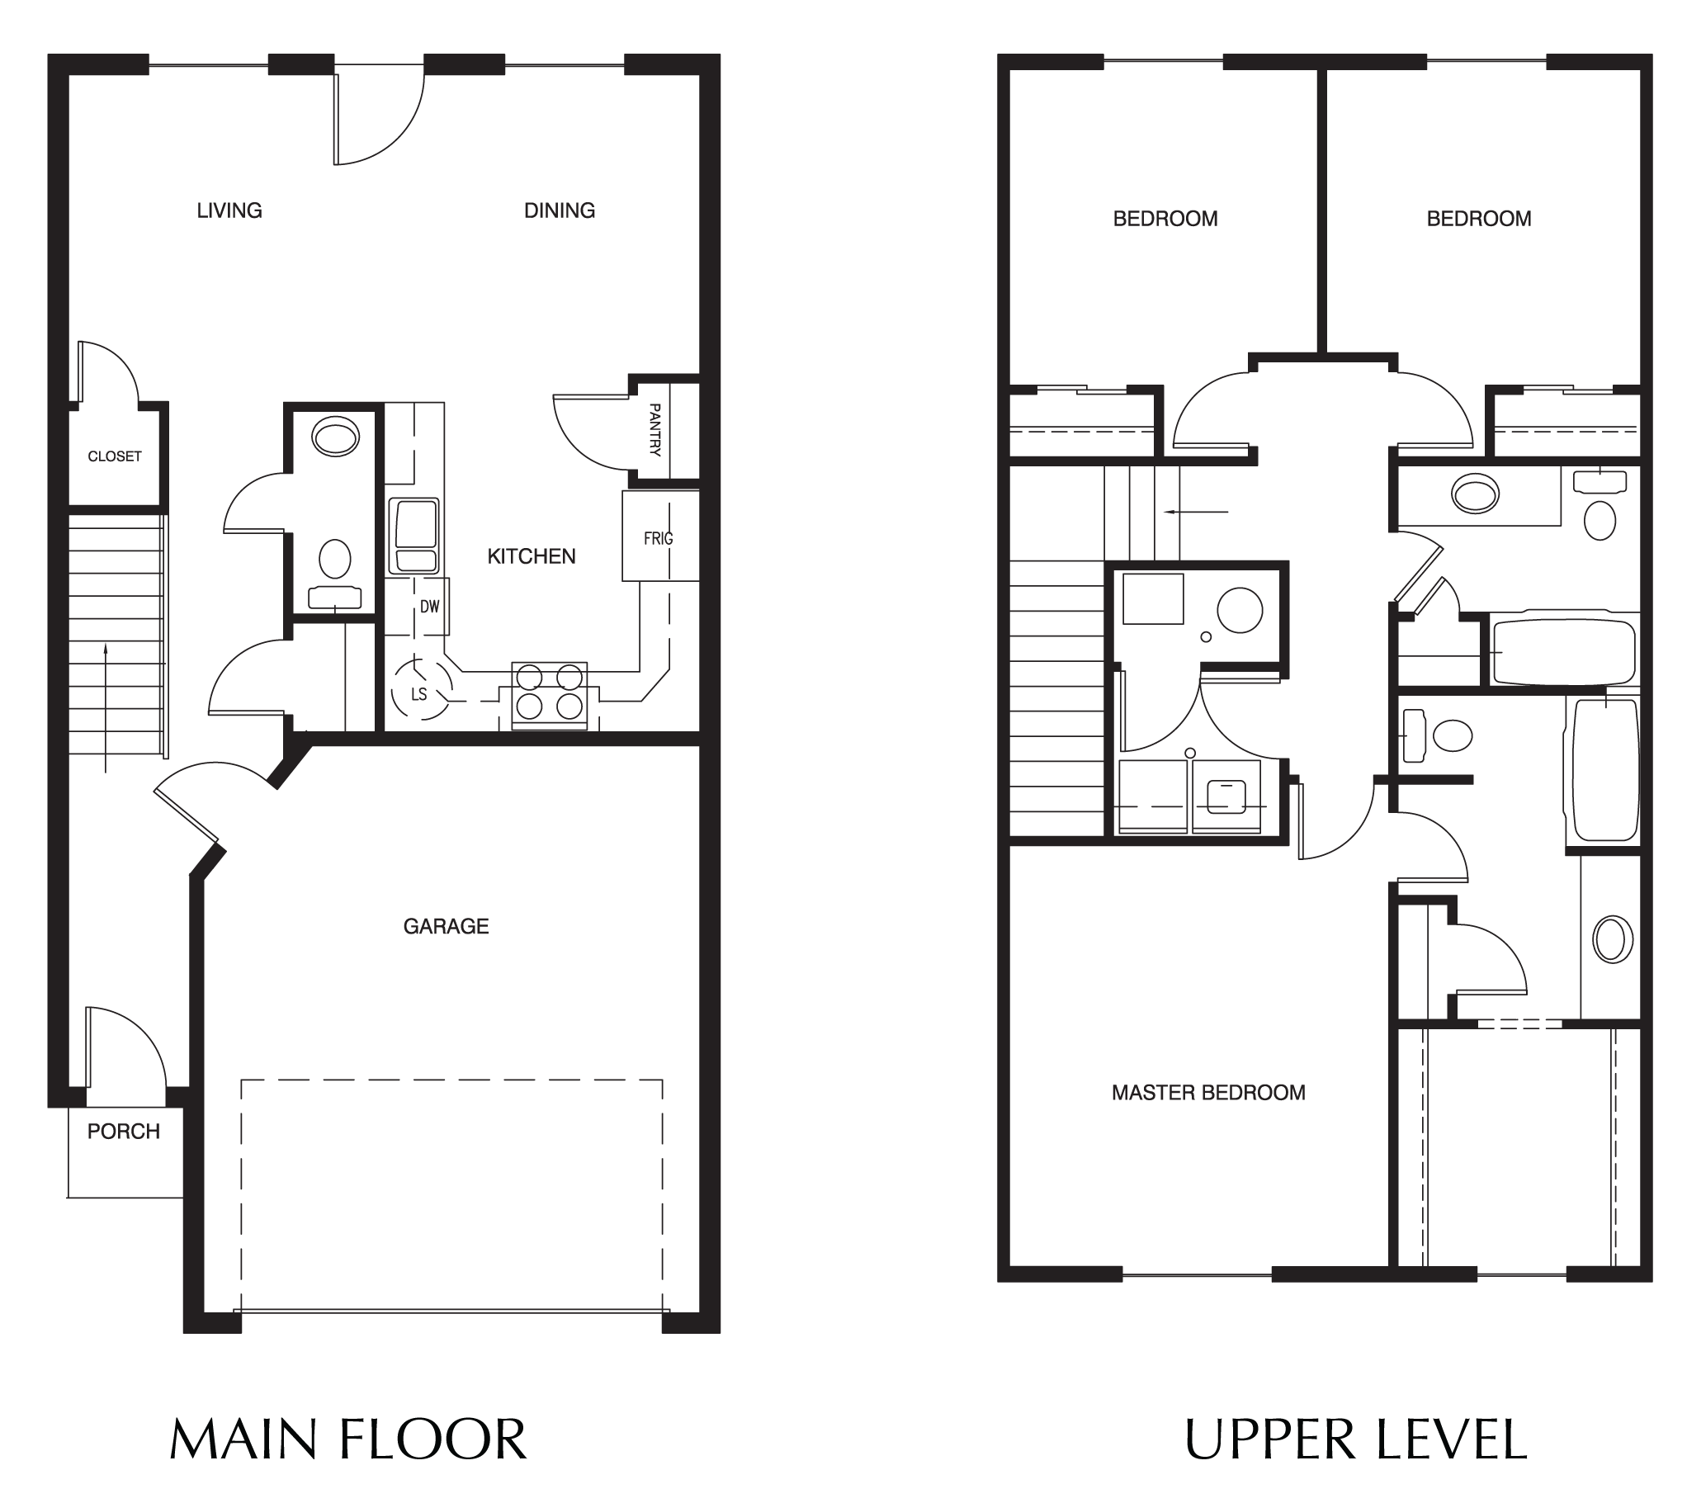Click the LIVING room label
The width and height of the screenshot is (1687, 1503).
(x=229, y=210)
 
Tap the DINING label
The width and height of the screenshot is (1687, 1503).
(x=559, y=210)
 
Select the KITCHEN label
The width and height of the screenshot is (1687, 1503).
(x=531, y=556)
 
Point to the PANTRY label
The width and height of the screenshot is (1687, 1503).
(x=654, y=429)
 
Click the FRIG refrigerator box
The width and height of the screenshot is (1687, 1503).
(x=659, y=536)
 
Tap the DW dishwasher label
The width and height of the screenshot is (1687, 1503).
(x=429, y=607)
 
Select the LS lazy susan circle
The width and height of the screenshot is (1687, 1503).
(x=420, y=691)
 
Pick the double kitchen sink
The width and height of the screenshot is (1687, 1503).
(x=414, y=536)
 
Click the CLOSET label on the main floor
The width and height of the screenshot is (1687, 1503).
(x=115, y=456)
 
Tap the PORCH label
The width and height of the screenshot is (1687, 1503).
(x=124, y=1132)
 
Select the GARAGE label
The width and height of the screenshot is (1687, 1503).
(x=446, y=927)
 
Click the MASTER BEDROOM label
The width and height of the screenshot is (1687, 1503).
(x=1208, y=1093)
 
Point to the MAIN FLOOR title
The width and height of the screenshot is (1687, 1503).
(x=347, y=1439)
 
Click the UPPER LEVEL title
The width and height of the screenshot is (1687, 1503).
(x=1355, y=1439)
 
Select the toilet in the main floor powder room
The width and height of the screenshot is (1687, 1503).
(x=334, y=559)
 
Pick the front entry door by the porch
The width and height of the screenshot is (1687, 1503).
(x=124, y=1053)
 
